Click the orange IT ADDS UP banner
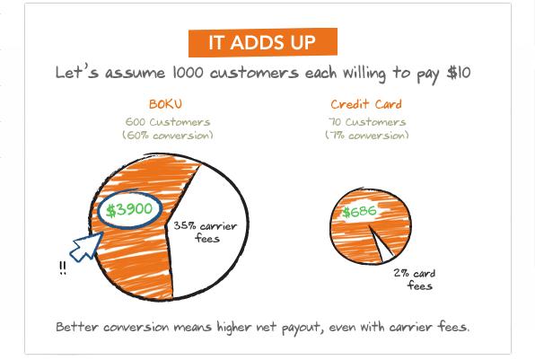point(263,42)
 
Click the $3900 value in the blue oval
point(129,209)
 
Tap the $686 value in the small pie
point(359,212)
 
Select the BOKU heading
point(165,104)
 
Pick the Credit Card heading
point(366,104)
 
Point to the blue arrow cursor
point(86,247)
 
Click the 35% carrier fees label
point(205,232)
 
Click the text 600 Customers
point(168,122)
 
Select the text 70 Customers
point(367,122)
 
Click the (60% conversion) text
point(168,136)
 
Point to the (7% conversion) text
point(367,136)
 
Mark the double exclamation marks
point(63,268)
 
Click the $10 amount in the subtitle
point(459,73)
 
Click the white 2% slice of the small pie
point(382,245)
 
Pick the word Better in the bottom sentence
point(77,327)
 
